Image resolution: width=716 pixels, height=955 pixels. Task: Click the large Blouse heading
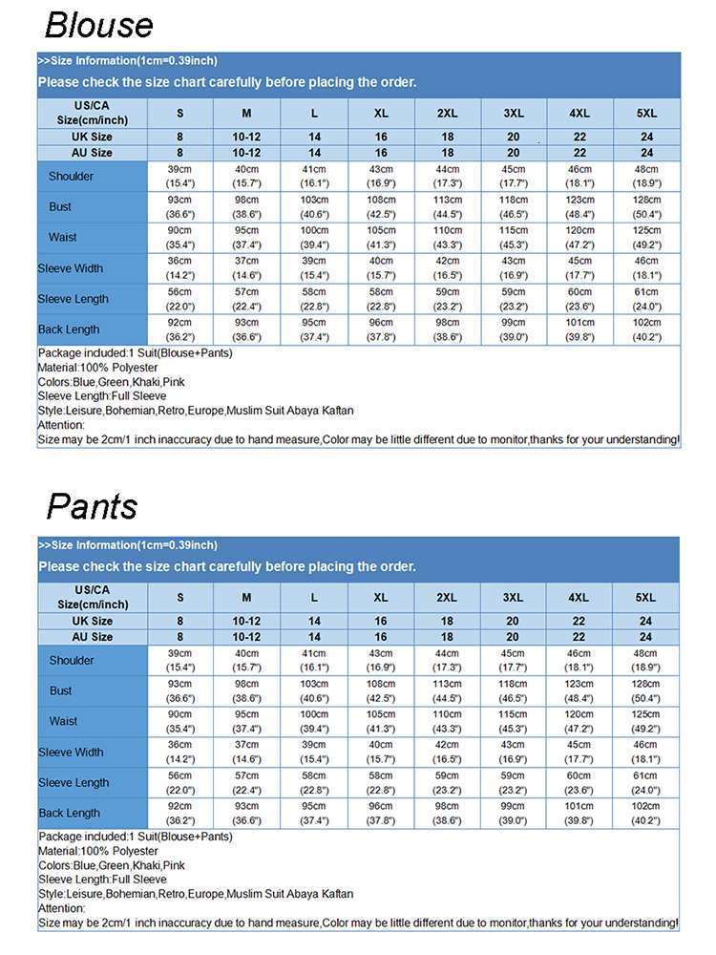pos(99,24)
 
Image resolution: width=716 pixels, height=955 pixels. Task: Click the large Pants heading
pos(93,506)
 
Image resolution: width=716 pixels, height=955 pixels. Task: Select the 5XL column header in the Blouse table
pos(646,113)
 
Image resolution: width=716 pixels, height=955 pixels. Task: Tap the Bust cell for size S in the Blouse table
pos(179,206)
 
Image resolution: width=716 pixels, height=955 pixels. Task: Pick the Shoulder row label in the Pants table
pos(72,660)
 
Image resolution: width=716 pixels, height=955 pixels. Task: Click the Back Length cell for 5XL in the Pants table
pos(645,813)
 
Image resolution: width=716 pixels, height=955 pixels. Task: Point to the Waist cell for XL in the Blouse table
pos(381,237)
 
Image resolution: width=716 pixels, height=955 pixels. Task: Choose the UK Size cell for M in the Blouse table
pos(246,137)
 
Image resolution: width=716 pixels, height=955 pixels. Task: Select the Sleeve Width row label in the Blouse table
pos(71,268)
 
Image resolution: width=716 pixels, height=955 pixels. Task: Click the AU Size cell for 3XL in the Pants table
pos(513,637)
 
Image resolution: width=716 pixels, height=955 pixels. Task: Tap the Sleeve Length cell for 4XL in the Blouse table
pos(579,299)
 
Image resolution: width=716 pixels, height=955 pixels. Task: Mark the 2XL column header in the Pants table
pos(447,597)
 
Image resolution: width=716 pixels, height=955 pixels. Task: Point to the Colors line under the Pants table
pos(112,865)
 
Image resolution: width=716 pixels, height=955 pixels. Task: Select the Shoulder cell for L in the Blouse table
pos(314,176)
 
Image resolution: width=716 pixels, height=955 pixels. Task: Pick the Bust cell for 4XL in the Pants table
pos(579,690)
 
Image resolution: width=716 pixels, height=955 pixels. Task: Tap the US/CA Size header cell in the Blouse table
pos(93,113)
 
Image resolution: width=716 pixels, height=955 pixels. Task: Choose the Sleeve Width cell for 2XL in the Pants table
pos(447,752)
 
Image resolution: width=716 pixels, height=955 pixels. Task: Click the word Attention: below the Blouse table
pos(61,425)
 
